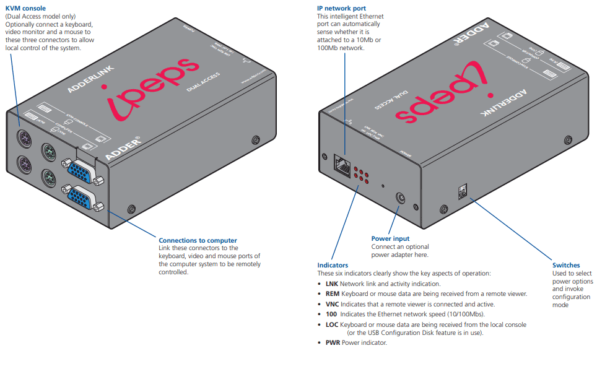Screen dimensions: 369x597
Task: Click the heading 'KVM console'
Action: pos(25,8)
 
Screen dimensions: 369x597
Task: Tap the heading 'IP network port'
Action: pos(341,8)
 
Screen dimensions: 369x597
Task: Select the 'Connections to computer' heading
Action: pos(198,240)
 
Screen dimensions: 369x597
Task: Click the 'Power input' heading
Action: pos(390,238)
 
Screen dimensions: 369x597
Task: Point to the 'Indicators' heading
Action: pos(333,265)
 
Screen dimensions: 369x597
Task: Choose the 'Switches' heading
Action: pos(566,265)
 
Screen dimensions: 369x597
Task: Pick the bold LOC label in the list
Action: pos(332,324)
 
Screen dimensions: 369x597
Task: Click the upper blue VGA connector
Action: pos(80,171)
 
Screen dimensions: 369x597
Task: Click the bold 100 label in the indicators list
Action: pos(331,314)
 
